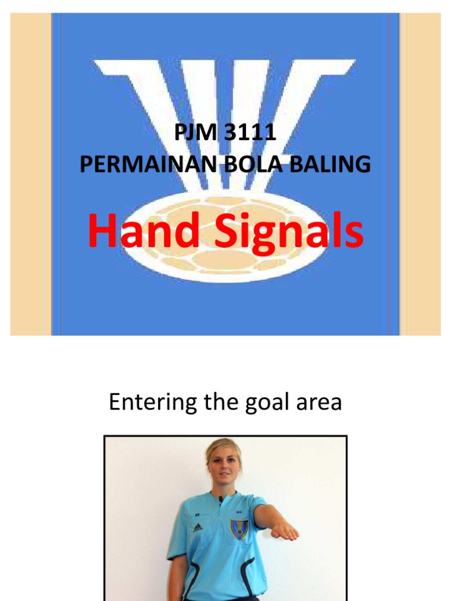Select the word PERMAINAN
click(x=149, y=164)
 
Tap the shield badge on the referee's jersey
click(x=239, y=528)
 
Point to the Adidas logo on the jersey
click(x=197, y=527)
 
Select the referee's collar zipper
click(x=221, y=500)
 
